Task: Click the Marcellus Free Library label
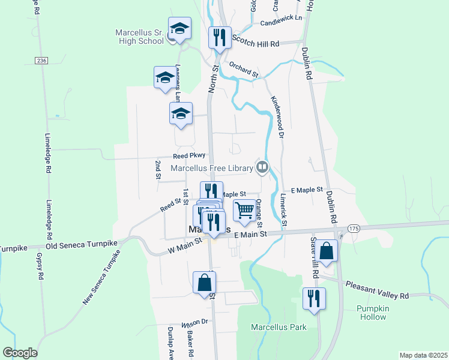(x=212, y=168)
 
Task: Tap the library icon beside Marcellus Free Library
(x=262, y=167)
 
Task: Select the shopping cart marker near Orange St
(x=244, y=211)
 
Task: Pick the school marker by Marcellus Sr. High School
(x=179, y=28)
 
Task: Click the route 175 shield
(x=354, y=229)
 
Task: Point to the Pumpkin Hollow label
(x=373, y=313)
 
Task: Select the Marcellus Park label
(x=279, y=327)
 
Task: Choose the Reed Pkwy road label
(x=189, y=155)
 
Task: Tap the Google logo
(x=20, y=353)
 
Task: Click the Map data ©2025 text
(x=423, y=355)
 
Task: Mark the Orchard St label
(x=243, y=70)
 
